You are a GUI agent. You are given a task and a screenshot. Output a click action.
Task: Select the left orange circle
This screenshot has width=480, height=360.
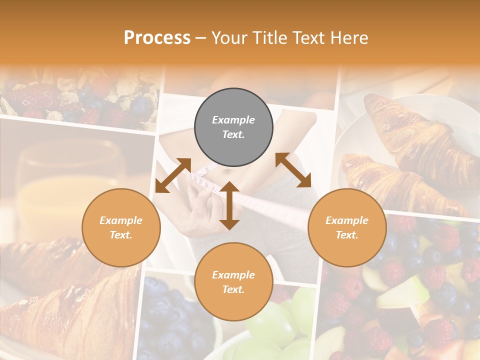pos(121,227)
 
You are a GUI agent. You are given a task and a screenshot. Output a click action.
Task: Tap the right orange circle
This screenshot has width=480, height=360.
pos(347,227)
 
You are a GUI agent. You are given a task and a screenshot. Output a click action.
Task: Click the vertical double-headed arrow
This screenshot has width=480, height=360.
pos(229,205)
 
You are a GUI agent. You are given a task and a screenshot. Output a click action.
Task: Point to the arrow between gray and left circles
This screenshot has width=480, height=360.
pos(173,175)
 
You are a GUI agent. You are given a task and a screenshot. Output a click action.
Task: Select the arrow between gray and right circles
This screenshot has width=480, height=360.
pos(293,170)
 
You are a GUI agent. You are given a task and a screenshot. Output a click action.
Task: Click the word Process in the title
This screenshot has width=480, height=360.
pos(157,37)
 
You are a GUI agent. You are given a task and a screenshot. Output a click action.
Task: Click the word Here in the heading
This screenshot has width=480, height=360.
pos(350,37)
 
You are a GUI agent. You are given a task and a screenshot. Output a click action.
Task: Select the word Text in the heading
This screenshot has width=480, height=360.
pos(309,37)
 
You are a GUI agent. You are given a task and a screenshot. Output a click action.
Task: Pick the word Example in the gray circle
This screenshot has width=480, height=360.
pos(233,120)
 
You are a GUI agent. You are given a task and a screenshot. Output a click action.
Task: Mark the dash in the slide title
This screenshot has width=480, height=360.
pos(201,38)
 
